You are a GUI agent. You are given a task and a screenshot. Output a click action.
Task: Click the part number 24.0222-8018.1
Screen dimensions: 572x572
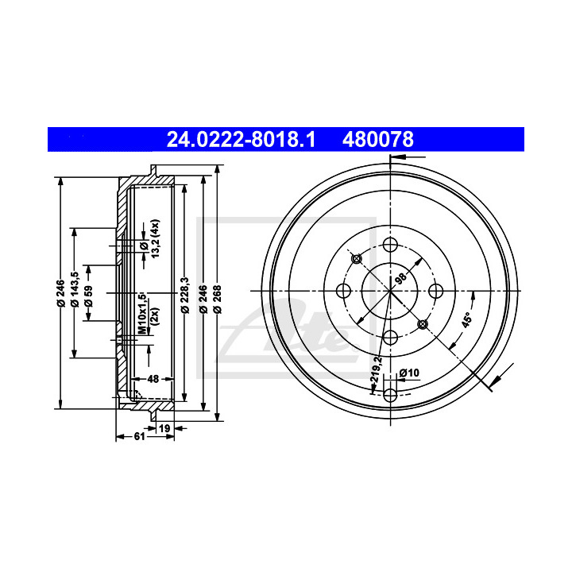241,139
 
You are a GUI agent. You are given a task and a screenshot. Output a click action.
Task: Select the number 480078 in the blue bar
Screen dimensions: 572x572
378,139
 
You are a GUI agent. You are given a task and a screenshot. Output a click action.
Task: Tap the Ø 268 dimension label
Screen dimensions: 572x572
218,300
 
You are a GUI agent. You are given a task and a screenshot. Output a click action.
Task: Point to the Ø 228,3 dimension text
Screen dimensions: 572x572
185,295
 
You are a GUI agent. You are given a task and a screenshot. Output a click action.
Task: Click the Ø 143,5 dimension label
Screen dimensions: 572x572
75,289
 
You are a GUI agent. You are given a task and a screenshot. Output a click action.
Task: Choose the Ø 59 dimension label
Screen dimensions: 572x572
89,296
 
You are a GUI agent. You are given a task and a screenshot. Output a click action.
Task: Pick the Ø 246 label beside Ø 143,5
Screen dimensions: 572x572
60,293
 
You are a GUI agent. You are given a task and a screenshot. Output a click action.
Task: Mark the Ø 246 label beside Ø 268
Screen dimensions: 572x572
203,300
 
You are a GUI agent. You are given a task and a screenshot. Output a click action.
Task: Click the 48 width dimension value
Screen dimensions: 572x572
153,379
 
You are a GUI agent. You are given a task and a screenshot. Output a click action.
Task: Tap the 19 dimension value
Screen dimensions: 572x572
164,428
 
